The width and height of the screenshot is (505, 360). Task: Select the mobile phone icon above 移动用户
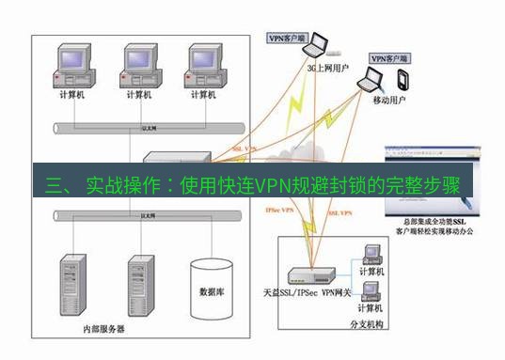403,77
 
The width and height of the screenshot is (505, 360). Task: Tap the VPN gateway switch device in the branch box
309,275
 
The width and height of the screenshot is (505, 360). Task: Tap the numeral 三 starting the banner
53,184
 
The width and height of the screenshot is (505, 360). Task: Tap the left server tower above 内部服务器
74,282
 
